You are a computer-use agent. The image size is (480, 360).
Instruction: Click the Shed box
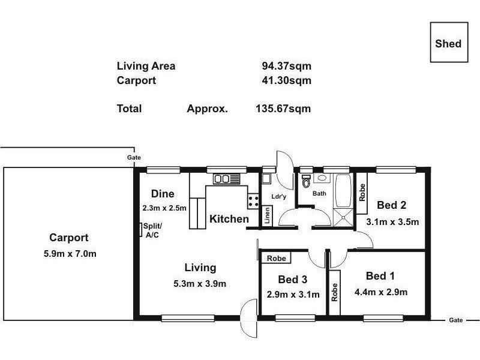coord(448,43)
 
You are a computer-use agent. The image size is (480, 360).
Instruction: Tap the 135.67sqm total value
coord(283,109)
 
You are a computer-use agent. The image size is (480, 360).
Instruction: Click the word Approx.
coord(207,109)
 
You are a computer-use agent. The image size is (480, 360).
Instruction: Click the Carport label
coord(69,238)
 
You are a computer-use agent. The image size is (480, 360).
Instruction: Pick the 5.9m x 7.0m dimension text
coord(70,254)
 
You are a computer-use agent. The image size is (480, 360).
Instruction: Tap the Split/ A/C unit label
coord(151,230)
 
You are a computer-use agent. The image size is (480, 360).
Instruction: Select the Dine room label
coord(163,194)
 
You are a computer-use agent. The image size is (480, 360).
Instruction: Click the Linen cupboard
coord(268,216)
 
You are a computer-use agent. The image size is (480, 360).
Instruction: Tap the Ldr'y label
coord(279,196)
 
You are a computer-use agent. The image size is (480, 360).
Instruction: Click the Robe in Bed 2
coord(362,192)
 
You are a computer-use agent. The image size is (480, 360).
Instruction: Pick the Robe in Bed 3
coord(276,258)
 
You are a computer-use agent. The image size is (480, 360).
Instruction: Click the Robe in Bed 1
coord(335,292)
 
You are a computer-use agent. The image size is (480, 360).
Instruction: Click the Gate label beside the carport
coord(134,157)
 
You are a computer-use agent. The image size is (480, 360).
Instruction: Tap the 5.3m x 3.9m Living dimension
coord(200,283)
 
